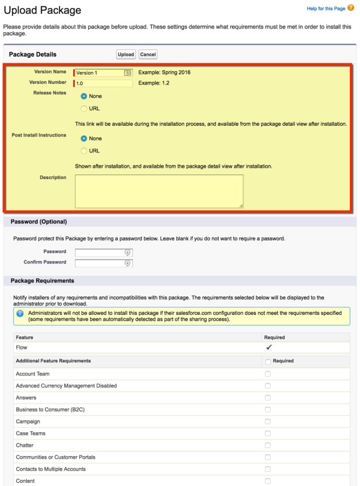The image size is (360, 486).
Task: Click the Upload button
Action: point(126,54)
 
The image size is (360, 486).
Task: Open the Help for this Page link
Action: point(325,8)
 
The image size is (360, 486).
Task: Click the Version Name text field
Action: point(99,73)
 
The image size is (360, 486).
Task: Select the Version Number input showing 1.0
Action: point(104,83)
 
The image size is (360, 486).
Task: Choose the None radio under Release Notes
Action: point(84,96)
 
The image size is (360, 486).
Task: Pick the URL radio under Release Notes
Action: point(84,108)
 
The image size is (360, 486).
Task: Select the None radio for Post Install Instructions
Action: point(84,138)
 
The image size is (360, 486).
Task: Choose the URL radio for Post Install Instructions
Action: point(84,151)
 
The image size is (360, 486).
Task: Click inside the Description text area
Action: point(159,191)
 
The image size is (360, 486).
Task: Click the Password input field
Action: point(100,253)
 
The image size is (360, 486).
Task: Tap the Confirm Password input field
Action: point(100,263)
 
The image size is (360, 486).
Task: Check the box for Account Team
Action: point(268,374)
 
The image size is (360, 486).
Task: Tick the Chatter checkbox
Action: point(268,445)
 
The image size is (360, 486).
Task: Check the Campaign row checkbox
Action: point(268,421)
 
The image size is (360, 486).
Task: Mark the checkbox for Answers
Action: point(268,398)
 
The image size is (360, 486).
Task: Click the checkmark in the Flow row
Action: point(269,347)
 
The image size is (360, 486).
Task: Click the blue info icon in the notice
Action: point(20,313)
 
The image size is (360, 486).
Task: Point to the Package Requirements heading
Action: point(42,280)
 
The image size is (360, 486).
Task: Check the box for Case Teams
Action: point(268,433)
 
